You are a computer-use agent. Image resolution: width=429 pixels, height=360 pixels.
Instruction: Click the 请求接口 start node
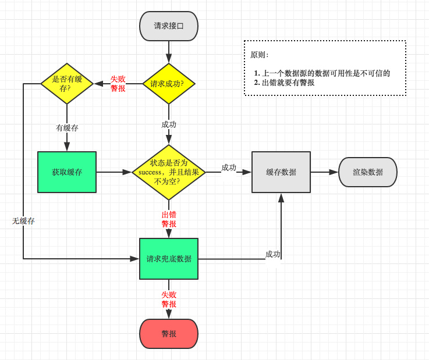click(169, 26)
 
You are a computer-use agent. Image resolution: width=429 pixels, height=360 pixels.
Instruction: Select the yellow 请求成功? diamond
click(169, 84)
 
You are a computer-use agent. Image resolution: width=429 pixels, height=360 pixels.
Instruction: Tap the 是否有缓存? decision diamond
click(67, 84)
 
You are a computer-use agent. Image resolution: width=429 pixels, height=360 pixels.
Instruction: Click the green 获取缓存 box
click(67, 172)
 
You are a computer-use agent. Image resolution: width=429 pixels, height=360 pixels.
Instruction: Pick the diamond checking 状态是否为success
click(169, 172)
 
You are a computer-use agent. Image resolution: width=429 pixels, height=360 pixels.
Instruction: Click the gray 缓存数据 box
click(281, 172)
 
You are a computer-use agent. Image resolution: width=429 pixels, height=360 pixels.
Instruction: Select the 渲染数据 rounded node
click(368, 172)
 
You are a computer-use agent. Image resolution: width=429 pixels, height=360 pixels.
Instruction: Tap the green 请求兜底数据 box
click(169, 259)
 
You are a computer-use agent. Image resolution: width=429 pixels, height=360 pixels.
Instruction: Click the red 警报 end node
click(169, 334)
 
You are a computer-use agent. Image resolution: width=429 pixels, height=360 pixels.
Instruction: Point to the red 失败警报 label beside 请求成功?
click(118, 84)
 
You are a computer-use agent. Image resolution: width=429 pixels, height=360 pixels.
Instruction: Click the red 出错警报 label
click(169, 219)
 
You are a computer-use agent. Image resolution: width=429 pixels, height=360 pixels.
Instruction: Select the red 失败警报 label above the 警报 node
click(169, 300)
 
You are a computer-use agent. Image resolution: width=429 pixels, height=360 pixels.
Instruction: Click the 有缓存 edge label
click(67, 127)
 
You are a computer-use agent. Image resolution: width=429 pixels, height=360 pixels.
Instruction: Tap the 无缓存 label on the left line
click(23, 221)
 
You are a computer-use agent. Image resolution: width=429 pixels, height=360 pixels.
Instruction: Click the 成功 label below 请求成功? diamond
click(169, 124)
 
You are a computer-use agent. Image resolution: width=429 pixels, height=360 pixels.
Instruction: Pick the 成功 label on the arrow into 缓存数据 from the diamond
click(229, 167)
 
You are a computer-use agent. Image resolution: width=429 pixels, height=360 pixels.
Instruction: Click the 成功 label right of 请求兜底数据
click(272, 254)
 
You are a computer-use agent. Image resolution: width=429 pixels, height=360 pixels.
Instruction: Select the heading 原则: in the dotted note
click(259, 55)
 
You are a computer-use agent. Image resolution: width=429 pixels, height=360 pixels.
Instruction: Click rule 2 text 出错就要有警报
click(288, 83)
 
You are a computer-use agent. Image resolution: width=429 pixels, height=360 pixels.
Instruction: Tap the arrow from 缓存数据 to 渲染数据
click(324, 172)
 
